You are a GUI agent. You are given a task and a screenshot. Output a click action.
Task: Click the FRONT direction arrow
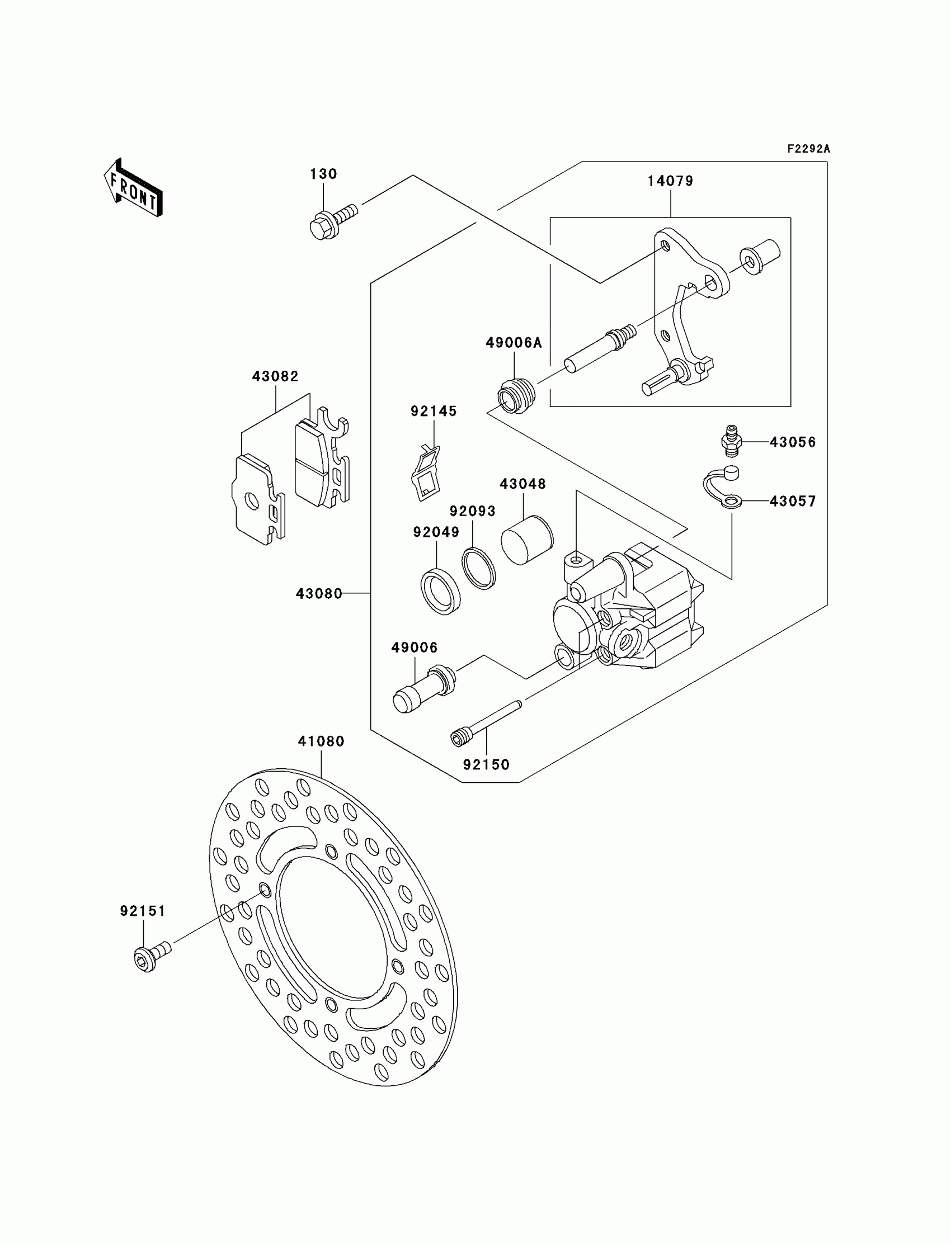pyautogui.click(x=134, y=189)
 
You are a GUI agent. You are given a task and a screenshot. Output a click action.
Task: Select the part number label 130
pyautogui.click(x=323, y=174)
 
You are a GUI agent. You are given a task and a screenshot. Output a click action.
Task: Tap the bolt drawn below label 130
pyautogui.click(x=332, y=222)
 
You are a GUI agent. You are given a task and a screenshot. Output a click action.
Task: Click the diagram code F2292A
pyautogui.click(x=808, y=149)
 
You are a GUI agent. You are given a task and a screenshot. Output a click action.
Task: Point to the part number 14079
pyautogui.click(x=670, y=181)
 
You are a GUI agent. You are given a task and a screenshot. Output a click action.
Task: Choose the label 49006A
pyautogui.click(x=514, y=342)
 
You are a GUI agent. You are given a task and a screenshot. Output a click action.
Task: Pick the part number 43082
pyautogui.click(x=275, y=376)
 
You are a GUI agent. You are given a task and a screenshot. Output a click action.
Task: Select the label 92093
pyautogui.click(x=473, y=511)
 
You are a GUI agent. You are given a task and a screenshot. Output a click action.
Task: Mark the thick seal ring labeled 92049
pyautogui.click(x=440, y=592)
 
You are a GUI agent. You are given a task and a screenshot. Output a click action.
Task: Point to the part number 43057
pyautogui.click(x=793, y=501)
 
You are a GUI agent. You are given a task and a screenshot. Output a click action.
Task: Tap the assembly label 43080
pyautogui.click(x=319, y=593)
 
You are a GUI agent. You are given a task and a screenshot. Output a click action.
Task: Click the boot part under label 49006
pyautogui.click(x=423, y=688)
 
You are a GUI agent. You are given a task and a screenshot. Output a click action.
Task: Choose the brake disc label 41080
pyautogui.click(x=321, y=741)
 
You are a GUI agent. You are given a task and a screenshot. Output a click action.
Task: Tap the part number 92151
pyautogui.click(x=143, y=911)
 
